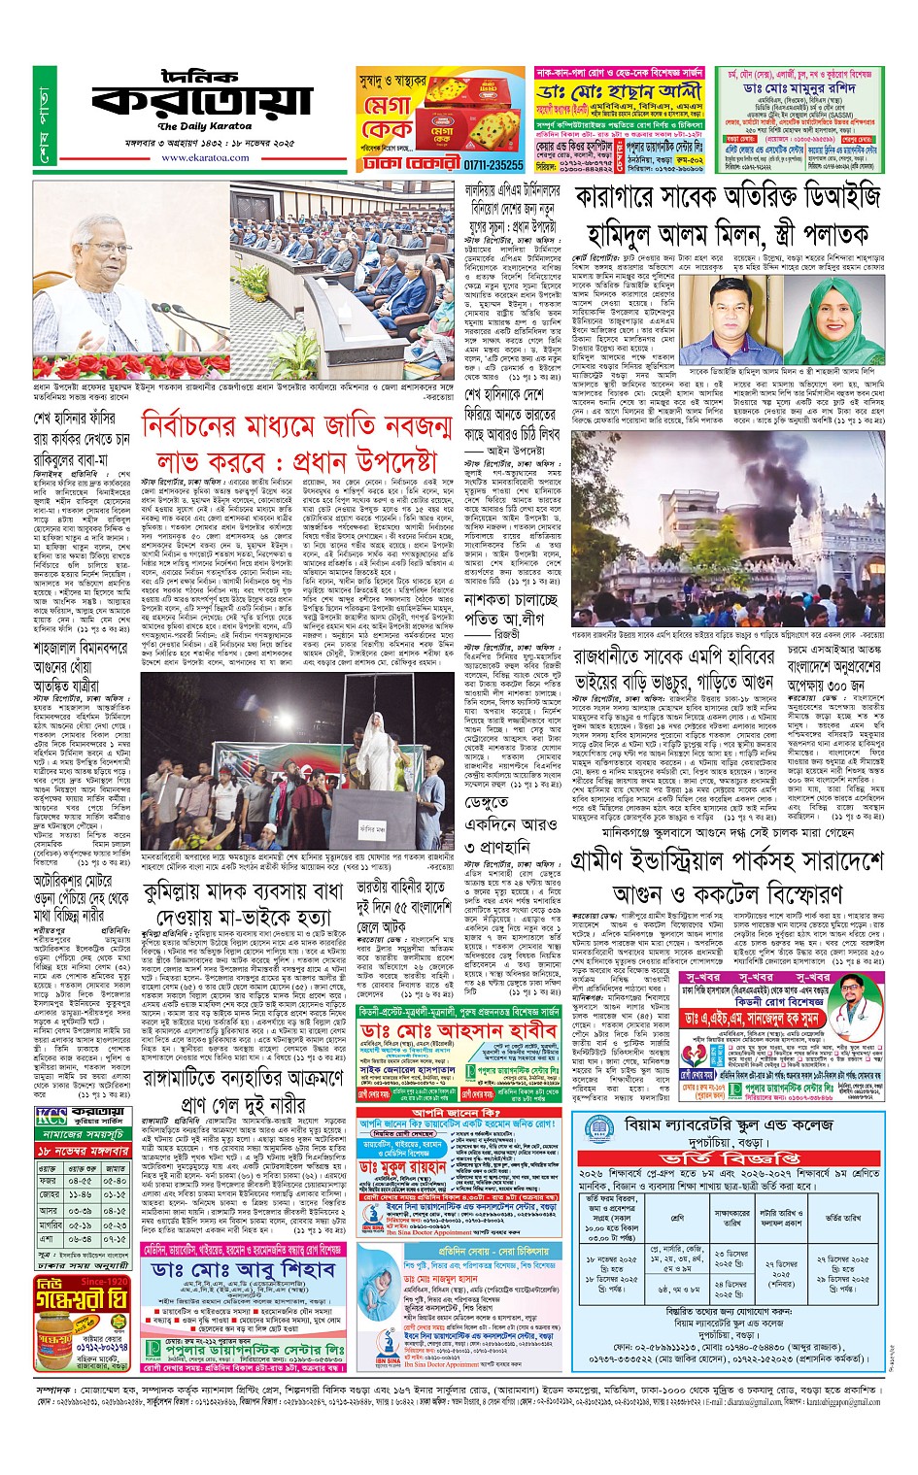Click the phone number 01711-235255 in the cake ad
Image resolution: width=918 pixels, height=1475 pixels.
(492, 165)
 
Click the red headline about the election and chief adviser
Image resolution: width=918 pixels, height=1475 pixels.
(296, 443)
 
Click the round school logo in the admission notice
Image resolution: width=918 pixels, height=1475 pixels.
(596, 1133)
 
